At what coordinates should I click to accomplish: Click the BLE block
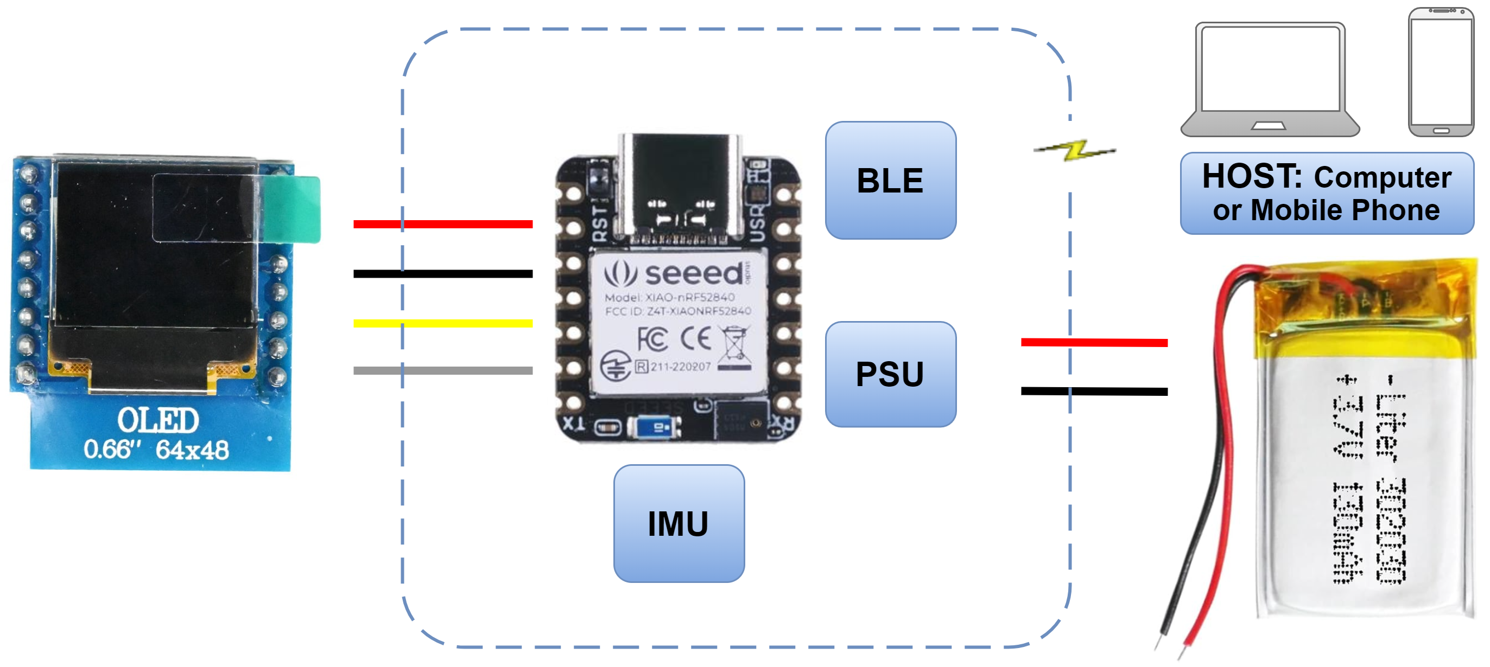[x=890, y=181]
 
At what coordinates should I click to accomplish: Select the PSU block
[x=890, y=374]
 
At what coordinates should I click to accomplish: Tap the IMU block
[x=679, y=523]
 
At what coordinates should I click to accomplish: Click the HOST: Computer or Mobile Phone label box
[x=1326, y=193]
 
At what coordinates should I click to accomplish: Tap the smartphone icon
[x=1440, y=72]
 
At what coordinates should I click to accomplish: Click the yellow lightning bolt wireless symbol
[x=1075, y=150]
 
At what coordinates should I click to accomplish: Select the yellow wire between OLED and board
[x=442, y=323]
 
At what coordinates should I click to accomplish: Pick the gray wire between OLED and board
[x=442, y=370]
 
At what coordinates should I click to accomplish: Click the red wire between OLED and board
[x=442, y=223]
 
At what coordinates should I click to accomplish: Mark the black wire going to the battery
[x=1093, y=392]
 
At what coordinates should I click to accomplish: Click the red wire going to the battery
[x=1093, y=342]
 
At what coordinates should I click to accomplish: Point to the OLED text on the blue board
[x=158, y=420]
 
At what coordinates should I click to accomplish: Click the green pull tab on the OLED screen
[x=292, y=209]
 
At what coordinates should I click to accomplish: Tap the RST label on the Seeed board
[x=601, y=223]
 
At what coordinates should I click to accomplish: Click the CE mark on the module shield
[x=695, y=339]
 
